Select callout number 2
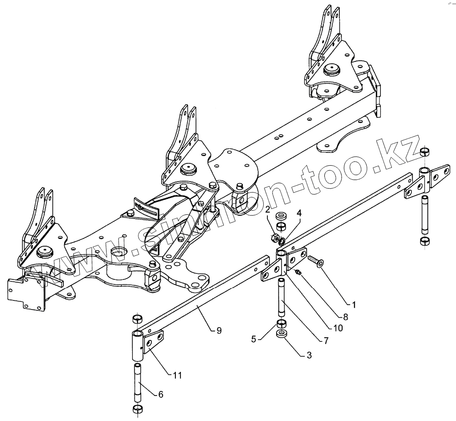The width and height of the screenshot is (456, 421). pos(269,210)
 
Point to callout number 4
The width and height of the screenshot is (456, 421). pos(299,213)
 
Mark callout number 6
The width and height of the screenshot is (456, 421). pos(160,395)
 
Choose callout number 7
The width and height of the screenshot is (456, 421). pos(326,340)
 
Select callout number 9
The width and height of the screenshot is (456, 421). pos(219,331)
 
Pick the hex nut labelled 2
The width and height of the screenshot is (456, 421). pos(276,237)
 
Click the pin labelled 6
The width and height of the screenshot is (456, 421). pos(138,381)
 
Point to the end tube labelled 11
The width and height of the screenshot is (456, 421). pos(138,344)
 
